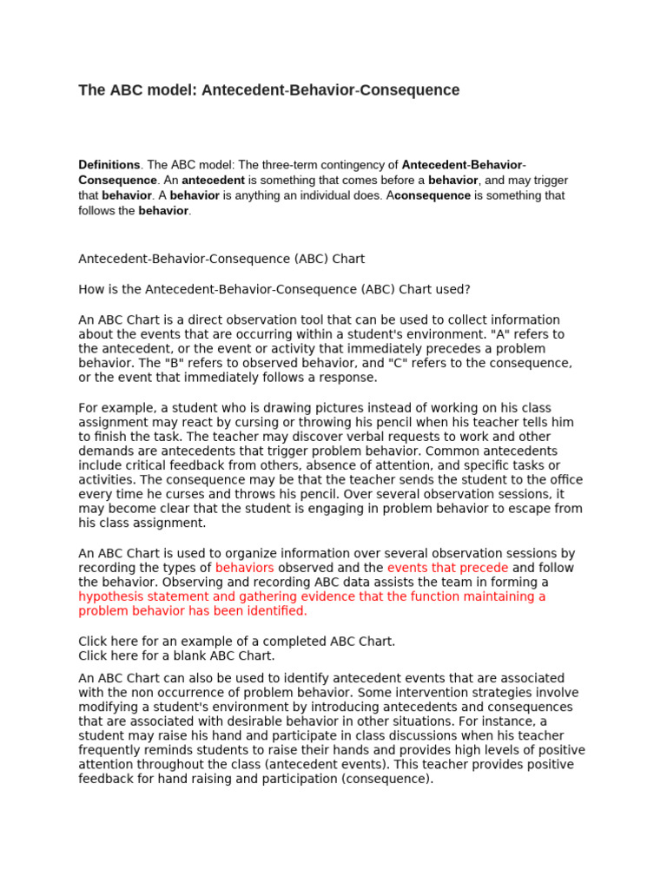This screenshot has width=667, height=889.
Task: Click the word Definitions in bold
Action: [x=109, y=165]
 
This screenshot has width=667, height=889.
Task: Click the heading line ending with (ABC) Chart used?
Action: [x=274, y=289]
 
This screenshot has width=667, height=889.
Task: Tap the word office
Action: [x=561, y=480]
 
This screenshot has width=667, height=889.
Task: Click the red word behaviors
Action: [x=244, y=568]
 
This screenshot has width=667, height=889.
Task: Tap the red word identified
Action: [x=277, y=611]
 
